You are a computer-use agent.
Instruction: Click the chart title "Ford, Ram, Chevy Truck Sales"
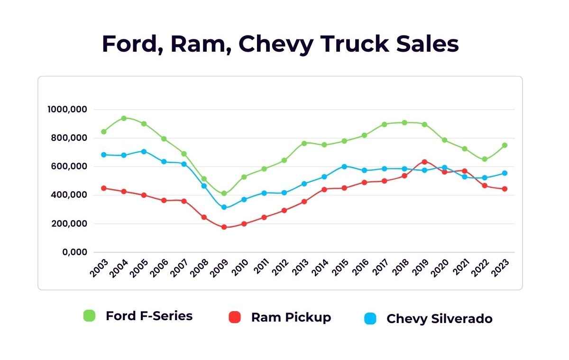[x=280, y=44]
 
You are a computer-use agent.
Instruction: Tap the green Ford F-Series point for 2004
[x=124, y=118]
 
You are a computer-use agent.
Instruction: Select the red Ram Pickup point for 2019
[x=424, y=162]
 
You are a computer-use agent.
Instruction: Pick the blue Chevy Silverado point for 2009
[x=224, y=207]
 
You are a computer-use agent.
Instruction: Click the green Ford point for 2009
[x=224, y=194]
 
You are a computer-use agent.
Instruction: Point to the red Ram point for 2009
[x=224, y=227]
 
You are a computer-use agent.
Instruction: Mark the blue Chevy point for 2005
[x=144, y=151]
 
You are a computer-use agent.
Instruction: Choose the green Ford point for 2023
[x=505, y=145]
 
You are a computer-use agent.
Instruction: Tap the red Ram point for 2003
[x=104, y=188]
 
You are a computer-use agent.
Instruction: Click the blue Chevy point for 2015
[x=344, y=166]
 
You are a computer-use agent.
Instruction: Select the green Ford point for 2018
[x=404, y=122]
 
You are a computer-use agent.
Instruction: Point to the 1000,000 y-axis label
[x=67, y=110]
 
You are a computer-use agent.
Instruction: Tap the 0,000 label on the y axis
[x=74, y=252]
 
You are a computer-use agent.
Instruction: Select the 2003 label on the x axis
[x=99, y=269]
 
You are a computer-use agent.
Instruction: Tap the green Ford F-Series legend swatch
[x=89, y=316]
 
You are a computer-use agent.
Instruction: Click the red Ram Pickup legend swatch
[x=235, y=317]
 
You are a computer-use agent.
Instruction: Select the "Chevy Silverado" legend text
[x=439, y=319]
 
